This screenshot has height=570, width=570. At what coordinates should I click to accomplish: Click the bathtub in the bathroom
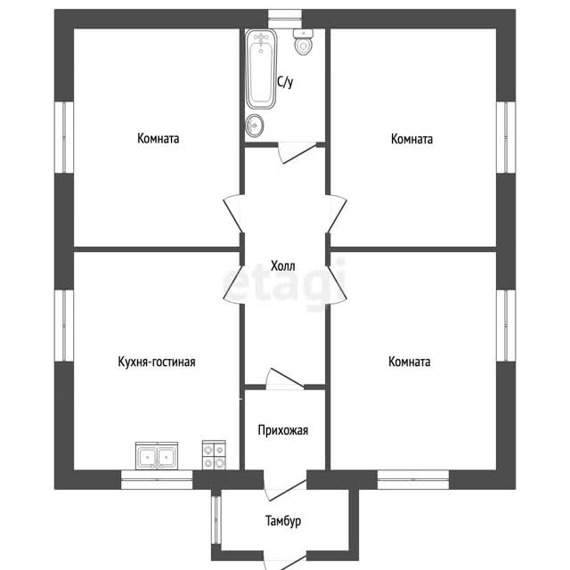click(261, 69)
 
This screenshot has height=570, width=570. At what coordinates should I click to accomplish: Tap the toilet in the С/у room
click(303, 42)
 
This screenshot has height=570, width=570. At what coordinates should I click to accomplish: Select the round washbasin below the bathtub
click(255, 126)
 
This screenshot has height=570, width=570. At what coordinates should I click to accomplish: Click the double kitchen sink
click(157, 456)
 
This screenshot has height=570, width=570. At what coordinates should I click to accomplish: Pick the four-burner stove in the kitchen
click(214, 455)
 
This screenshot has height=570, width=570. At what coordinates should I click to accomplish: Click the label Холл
click(283, 266)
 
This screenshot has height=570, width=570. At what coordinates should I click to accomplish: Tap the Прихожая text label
click(283, 430)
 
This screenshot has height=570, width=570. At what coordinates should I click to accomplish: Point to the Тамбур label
click(283, 521)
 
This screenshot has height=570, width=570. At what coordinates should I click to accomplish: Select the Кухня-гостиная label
click(157, 362)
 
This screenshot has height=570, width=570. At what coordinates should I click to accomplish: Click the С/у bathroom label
click(285, 82)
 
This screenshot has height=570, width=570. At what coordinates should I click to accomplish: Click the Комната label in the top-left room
click(159, 139)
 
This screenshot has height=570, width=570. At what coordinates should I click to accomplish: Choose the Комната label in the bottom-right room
click(410, 362)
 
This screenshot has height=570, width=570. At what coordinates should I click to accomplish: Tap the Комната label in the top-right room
click(411, 139)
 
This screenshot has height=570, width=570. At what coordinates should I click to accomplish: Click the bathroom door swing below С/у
click(297, 152)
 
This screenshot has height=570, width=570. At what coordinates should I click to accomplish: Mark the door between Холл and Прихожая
click(285, 378)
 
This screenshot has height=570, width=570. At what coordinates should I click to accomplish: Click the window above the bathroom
click(285, 19)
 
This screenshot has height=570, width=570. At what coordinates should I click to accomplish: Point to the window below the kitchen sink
click(157, 480)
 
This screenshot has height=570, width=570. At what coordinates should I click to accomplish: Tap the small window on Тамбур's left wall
click(216, 519)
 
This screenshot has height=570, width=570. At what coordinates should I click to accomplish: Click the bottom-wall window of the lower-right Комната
click(413, 480)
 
